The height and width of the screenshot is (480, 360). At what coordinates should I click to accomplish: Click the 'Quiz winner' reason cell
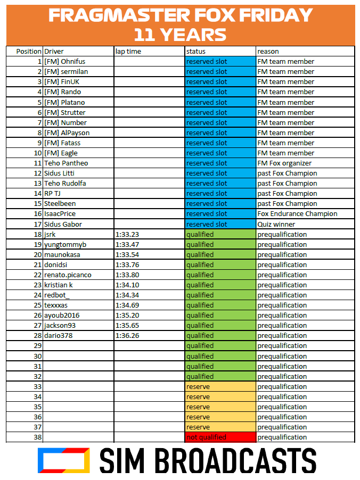pos(276,224)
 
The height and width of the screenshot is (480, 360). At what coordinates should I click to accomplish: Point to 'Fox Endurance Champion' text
pos(297,214)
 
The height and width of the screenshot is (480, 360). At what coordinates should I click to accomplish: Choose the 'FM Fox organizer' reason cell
pos(284,163)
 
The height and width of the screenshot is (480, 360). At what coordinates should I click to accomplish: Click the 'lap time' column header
pos(128,52)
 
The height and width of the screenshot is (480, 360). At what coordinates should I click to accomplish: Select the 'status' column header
pos(196,52)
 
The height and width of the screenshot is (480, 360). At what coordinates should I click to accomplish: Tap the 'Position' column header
pos(29,52)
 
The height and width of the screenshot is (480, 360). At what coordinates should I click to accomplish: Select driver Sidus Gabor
pos(63,224)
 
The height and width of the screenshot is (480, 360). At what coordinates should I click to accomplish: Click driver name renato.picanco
pos(68,275)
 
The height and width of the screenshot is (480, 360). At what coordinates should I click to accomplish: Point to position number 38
pos(37,437)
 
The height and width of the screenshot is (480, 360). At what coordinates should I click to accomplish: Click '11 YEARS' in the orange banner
pos(180,35)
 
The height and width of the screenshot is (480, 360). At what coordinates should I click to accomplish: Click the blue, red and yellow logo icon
pos(63,460)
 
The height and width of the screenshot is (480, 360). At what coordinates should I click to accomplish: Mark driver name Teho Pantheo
pos(66,163)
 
